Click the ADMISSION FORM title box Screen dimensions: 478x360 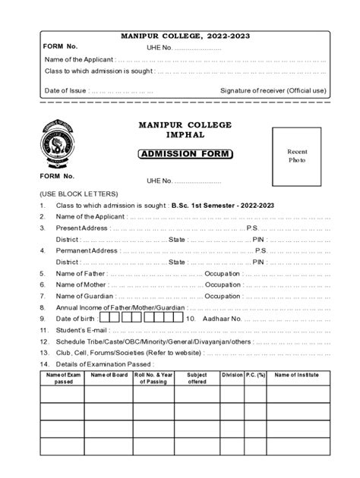[186, 155]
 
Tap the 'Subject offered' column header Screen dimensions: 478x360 [197, 378]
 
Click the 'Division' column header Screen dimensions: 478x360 [232, 375]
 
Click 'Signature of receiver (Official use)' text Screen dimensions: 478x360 [273, 90]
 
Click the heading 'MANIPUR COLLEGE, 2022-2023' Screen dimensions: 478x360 [185, 36]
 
